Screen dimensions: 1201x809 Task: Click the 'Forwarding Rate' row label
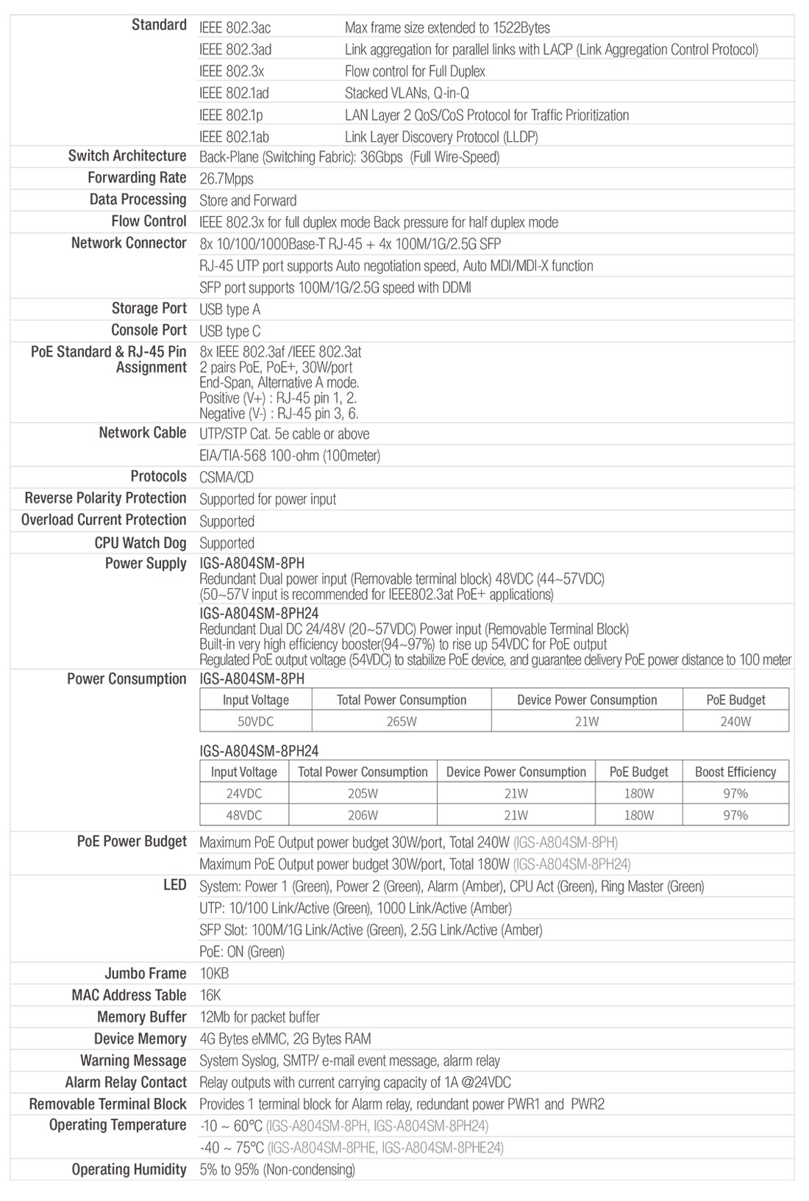pos(137,178)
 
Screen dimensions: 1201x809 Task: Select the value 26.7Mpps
pos(227,179)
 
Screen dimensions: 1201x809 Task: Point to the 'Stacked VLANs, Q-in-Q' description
pos(407,93)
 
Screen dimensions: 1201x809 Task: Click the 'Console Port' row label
pos(149,330)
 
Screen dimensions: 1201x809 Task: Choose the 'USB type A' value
pos(229,309)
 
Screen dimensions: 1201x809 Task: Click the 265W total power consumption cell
pos(402,721)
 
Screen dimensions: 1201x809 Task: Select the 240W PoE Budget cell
pos(735,721)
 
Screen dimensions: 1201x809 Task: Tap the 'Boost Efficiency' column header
pos(735,772)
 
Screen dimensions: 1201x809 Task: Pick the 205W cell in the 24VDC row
pos(363,794)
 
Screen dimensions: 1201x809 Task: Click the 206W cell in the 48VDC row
pos(363,815)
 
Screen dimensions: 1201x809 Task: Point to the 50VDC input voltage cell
pos(255,721)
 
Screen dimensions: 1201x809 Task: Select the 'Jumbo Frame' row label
pos(146,973)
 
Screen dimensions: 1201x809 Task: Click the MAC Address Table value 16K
pos(210,995)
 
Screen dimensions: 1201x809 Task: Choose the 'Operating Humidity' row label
pos(129,1169)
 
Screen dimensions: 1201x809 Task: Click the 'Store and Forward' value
pos(248,201)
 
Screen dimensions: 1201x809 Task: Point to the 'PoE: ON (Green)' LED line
pos(242,952)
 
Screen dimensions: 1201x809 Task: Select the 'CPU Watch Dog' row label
pos(140,542)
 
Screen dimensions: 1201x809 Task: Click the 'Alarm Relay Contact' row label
pos(126,1082)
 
